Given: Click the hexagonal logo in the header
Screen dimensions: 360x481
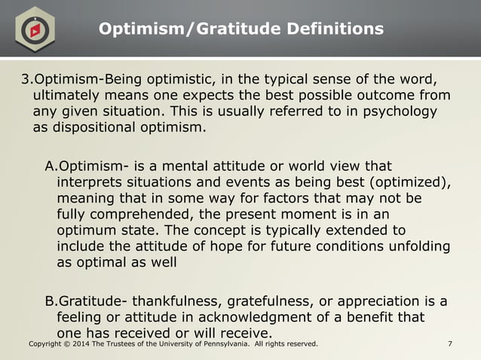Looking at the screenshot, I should (34, 29).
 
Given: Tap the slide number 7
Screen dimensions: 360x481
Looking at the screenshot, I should (449, 344).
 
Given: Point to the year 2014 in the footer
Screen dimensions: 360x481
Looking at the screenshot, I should (81, 344).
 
